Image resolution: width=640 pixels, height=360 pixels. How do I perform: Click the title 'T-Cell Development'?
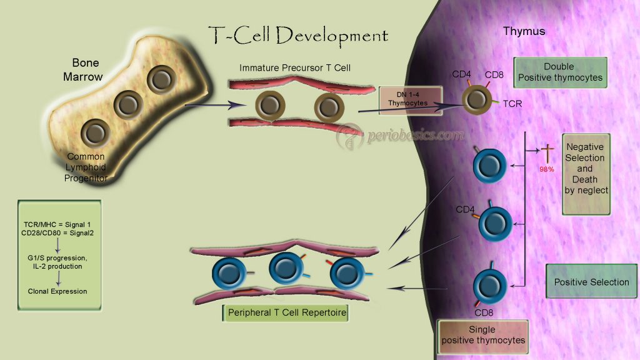298,35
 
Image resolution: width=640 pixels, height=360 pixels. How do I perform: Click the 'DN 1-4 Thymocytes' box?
411,99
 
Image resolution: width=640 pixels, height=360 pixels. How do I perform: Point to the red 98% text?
547,169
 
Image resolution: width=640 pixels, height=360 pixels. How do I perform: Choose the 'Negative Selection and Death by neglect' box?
586,174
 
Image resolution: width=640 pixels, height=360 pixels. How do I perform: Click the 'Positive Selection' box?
591,282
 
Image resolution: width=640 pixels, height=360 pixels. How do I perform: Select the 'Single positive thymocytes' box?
483,335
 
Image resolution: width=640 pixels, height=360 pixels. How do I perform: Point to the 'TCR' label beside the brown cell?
512,104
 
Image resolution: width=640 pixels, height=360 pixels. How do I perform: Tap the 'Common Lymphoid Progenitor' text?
86,167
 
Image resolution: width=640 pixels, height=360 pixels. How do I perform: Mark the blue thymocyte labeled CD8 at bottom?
489,286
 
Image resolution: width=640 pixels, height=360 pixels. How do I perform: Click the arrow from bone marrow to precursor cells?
211,106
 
